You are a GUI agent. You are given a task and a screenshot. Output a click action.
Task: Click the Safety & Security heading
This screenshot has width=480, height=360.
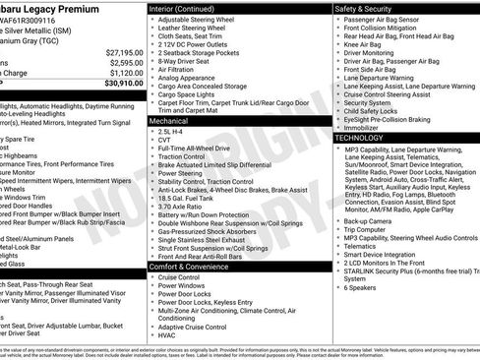366,7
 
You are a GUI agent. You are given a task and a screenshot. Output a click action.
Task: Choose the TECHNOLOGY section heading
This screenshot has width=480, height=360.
360,139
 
